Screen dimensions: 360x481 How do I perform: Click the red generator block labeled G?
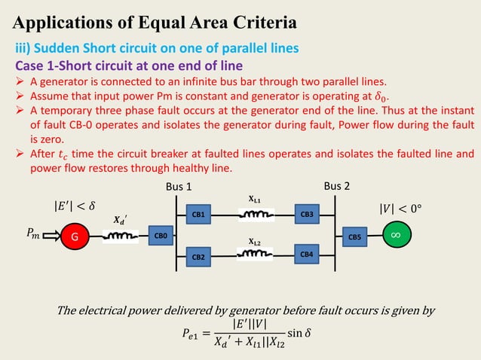coord(75,236)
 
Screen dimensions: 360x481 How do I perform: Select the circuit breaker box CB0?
coord(161,236)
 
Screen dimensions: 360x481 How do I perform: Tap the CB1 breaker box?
coord(199,215)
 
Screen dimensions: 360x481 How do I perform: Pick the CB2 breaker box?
coord(199,257)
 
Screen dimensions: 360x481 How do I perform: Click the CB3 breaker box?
coord(307,215)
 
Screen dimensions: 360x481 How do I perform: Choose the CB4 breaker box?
coord(307,255)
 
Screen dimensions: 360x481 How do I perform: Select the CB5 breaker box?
coord(354,236)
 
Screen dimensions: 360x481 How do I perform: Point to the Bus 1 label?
coord(179,187)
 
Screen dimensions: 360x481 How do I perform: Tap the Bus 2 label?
coord(337,185)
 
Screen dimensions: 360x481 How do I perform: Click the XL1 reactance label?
coord(255,200)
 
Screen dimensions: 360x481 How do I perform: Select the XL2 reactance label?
coord(255,243)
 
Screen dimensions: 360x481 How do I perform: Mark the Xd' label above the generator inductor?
coord(119,221)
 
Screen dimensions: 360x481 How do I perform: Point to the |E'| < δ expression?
coord(73,203)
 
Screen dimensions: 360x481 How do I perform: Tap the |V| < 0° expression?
coord(403,203)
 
